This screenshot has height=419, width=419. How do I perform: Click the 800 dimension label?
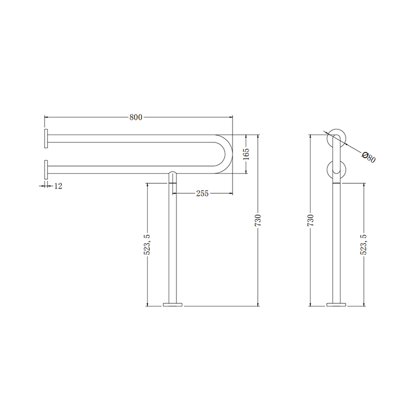(x=136, y=117)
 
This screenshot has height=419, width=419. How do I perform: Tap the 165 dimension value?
(x=246, y=154)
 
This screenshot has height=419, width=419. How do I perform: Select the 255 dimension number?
(x=202, y=193)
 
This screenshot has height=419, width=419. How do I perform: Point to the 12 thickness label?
(x=58, y=186)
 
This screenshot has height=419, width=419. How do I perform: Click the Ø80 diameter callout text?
(x=369, y=158)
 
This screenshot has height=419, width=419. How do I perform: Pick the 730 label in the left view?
(x=258, y=220)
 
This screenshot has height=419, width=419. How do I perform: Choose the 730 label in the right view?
(x=311, y=220)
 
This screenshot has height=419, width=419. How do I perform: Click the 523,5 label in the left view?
(x=147, y=245)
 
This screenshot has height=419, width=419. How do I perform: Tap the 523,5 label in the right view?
(x=363, y=245)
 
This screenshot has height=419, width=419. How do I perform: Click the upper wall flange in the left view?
(x=46, y=139)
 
